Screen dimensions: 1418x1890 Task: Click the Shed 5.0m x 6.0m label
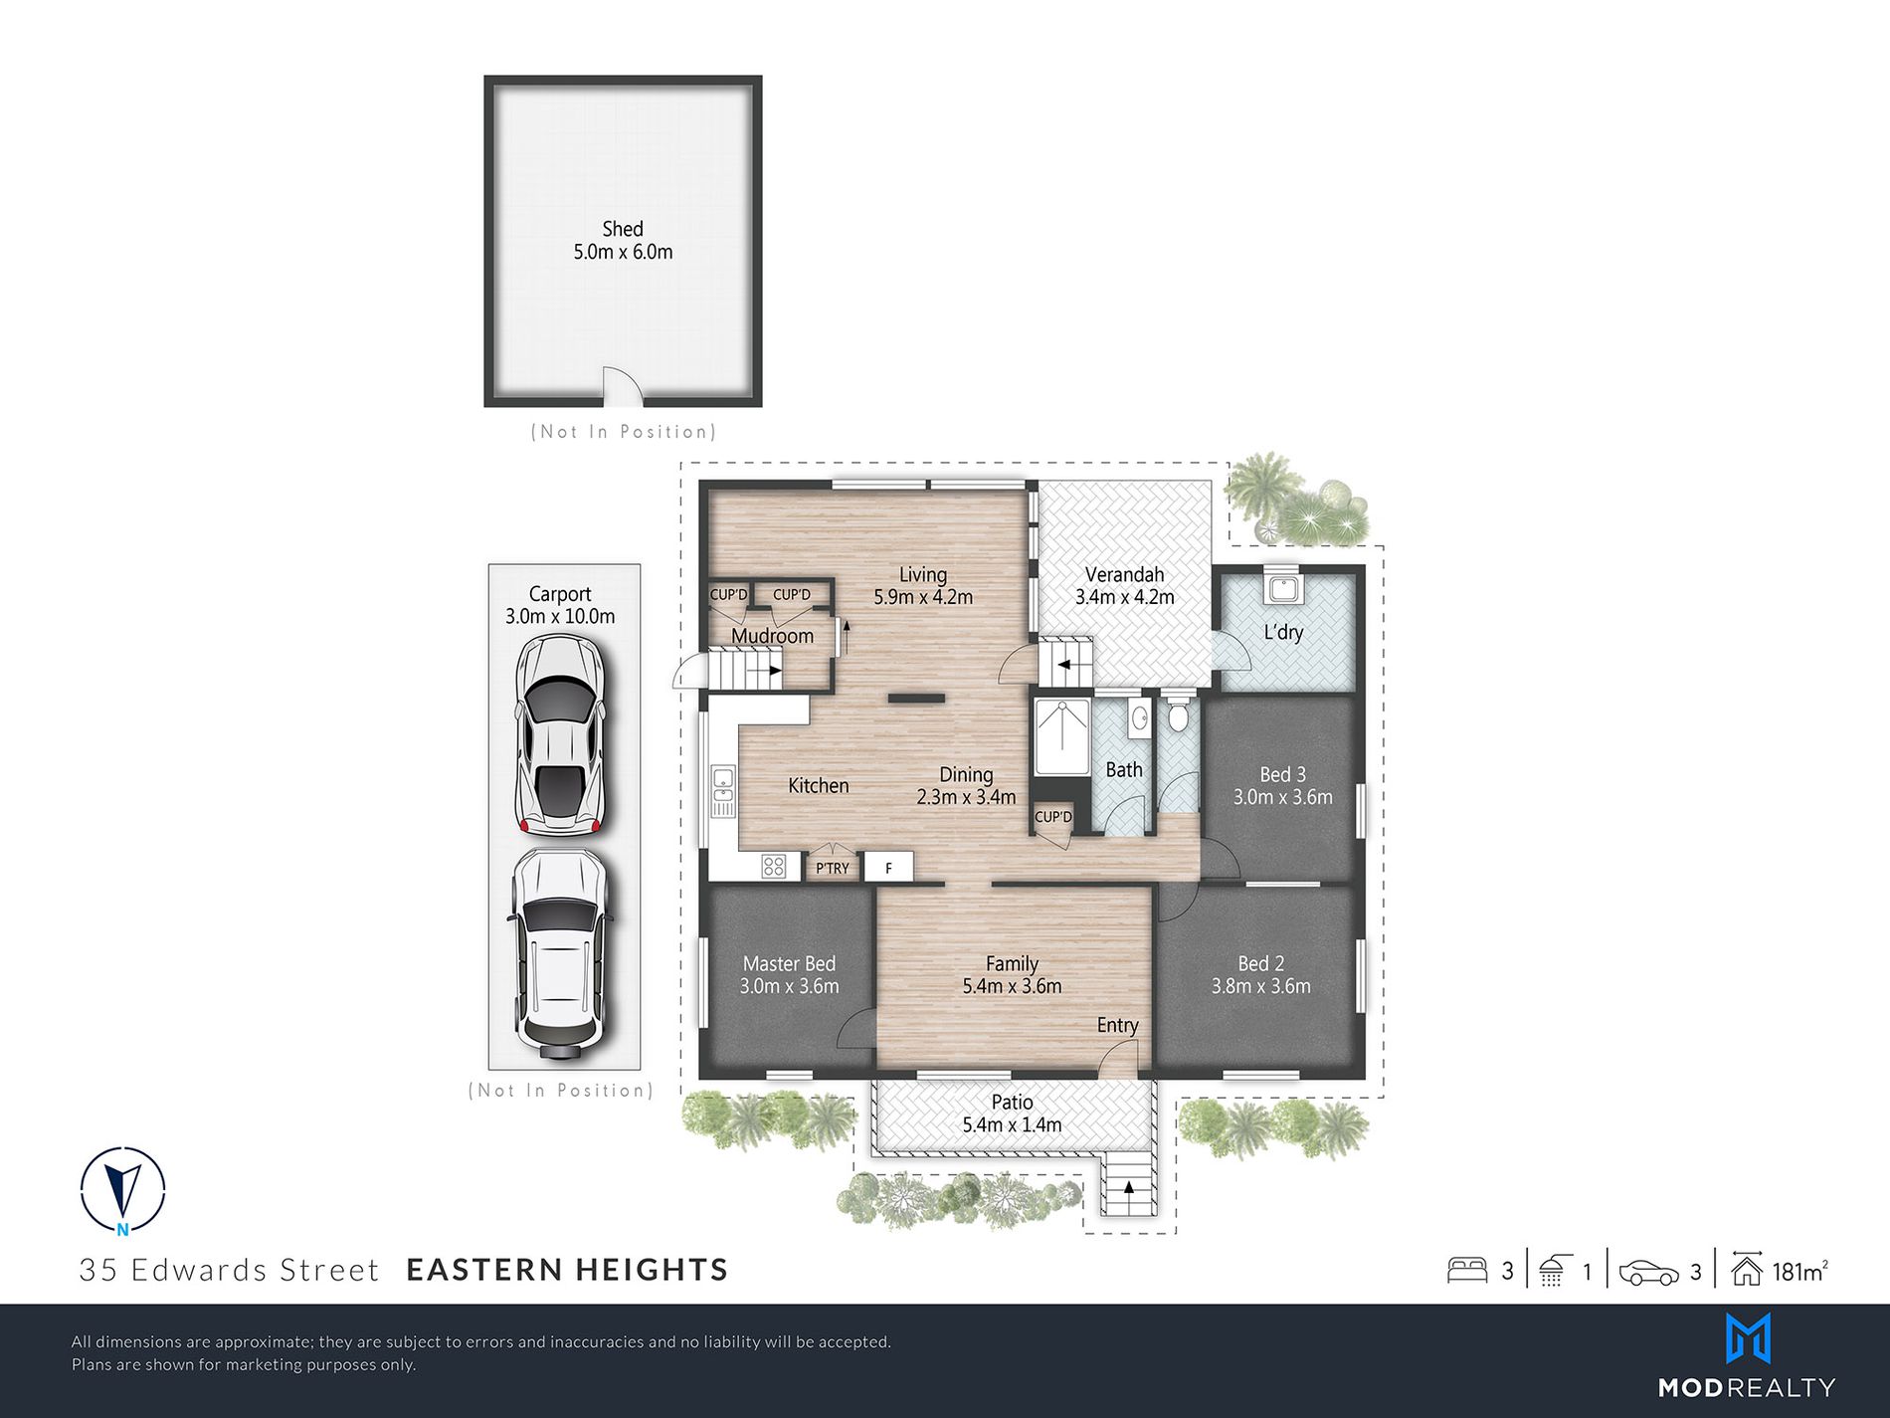[x=623, y=241]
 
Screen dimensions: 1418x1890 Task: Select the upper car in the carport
[x=559, y=734]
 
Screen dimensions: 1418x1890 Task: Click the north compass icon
[x=122, y=1190]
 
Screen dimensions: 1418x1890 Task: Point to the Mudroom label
[x=772, y=636]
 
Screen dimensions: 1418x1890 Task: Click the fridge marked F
[x=888, y=868]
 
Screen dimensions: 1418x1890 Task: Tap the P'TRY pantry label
[x=833, y=868]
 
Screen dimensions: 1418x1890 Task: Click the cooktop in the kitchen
[x=774, y=867]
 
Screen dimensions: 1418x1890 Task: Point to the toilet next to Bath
[x=1178, y=714]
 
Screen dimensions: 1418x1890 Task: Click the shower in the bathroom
[x=1062, y=737]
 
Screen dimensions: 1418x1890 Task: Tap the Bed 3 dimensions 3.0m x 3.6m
[x=1282, y=797]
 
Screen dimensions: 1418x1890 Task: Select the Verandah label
[x=1124, y=574]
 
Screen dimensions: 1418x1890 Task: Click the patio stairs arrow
[x=1129, y=1186]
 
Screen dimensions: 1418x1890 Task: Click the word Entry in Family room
[x=1117, y=1025]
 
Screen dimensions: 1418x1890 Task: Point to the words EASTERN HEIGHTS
[x=567, y=1270]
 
